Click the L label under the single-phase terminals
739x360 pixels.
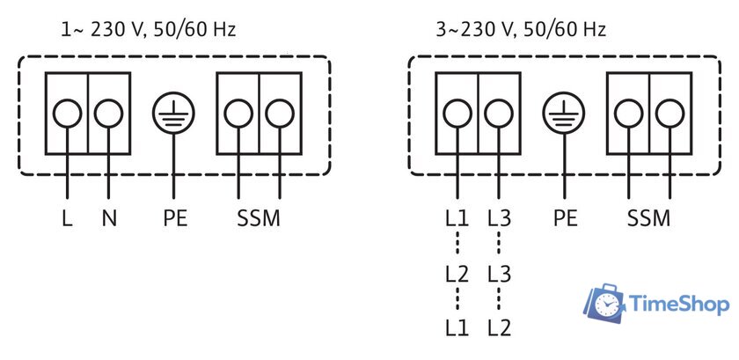(x=68, y=218)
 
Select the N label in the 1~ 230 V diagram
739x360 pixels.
(x=109, y=218)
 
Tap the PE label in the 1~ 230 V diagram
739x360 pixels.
(x=175, y=218)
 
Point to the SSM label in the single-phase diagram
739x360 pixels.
(x=259, y=218)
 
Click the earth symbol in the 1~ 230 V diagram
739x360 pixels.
(x=173, y=114)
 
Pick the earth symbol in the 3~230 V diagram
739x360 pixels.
(x=564, y=114)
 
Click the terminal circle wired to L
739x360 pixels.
(x=67, y=114)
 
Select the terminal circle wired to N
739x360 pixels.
(x=108, y=114)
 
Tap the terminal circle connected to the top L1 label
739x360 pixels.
(x=457, y=114)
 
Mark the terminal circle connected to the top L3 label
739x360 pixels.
(x=499, y=114)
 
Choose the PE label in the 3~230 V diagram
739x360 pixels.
(x=565, y=218)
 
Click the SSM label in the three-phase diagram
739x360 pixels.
(x=648, y=218)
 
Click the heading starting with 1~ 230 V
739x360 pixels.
(x=149, y=30)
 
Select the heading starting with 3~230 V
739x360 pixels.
(x=521, y=30)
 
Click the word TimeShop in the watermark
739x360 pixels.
(x=678, y=305)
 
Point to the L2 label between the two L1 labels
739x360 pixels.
(x=457, y=274)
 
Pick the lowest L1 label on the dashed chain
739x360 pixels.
(x=457, y=328)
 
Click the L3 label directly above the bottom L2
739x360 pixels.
(x=499, y=274)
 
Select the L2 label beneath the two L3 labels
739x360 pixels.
(x=499, y=328)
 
